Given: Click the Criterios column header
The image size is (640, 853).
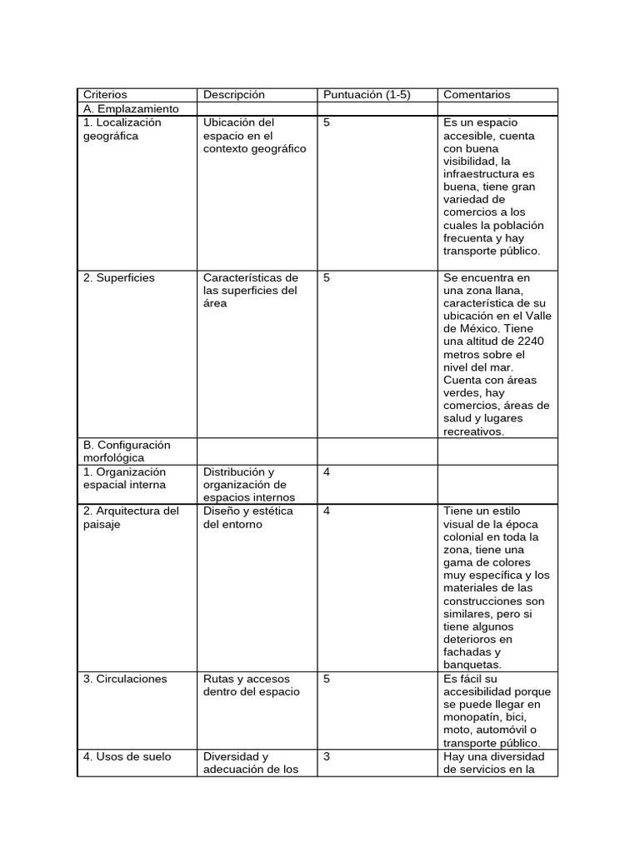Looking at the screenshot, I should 105,95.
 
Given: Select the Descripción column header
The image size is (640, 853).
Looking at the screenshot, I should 233,95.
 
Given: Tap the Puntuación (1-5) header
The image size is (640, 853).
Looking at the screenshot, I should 367,95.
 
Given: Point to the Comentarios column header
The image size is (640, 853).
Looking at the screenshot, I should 477,95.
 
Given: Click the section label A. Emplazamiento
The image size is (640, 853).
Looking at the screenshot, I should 131,109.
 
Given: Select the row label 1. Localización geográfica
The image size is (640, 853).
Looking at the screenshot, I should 122,129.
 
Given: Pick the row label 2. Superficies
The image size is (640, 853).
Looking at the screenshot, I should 118,277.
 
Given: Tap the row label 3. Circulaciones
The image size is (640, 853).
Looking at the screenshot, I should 125,679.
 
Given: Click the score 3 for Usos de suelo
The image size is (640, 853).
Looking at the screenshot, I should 327,756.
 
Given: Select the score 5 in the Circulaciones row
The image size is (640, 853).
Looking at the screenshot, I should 327,679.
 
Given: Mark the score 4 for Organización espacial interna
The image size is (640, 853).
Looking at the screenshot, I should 327,471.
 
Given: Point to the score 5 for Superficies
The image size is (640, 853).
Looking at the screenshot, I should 327,277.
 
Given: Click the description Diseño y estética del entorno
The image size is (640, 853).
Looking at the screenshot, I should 247,517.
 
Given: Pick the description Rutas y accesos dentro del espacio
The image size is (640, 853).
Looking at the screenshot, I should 251,685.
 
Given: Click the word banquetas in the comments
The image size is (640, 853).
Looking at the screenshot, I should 472,666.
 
